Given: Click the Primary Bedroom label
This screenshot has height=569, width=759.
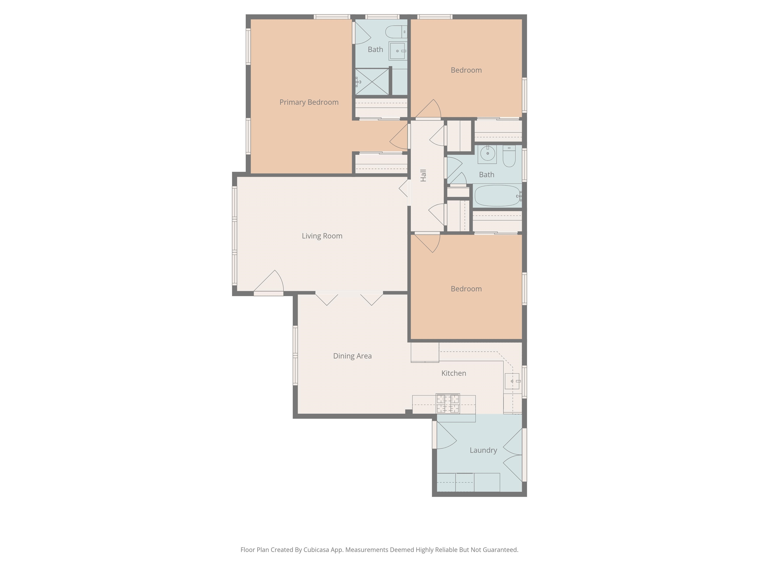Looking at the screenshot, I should [x=309, y=102].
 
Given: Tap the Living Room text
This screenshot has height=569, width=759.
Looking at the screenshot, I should [x=322, y=236].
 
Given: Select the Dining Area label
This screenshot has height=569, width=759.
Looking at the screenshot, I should [x=352, y=356].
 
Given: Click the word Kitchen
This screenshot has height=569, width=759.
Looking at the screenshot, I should [x=453, y=373].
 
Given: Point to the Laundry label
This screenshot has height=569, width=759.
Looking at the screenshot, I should [x=483, y=450].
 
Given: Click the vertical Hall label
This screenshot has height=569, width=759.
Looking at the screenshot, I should [x=423, y=175].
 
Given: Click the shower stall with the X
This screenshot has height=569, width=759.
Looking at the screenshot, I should [x=372, y=82].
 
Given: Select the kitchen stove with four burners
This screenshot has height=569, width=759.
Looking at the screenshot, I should [x=447, y=404].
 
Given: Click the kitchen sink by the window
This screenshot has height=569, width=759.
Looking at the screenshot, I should [x=512, y=381].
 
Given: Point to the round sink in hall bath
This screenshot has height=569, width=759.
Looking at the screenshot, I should [x=487, y=153].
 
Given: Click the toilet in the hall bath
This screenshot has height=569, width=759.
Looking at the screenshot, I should [x=509, y=157].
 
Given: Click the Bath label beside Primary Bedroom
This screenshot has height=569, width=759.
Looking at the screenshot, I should [x=375, y=50].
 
